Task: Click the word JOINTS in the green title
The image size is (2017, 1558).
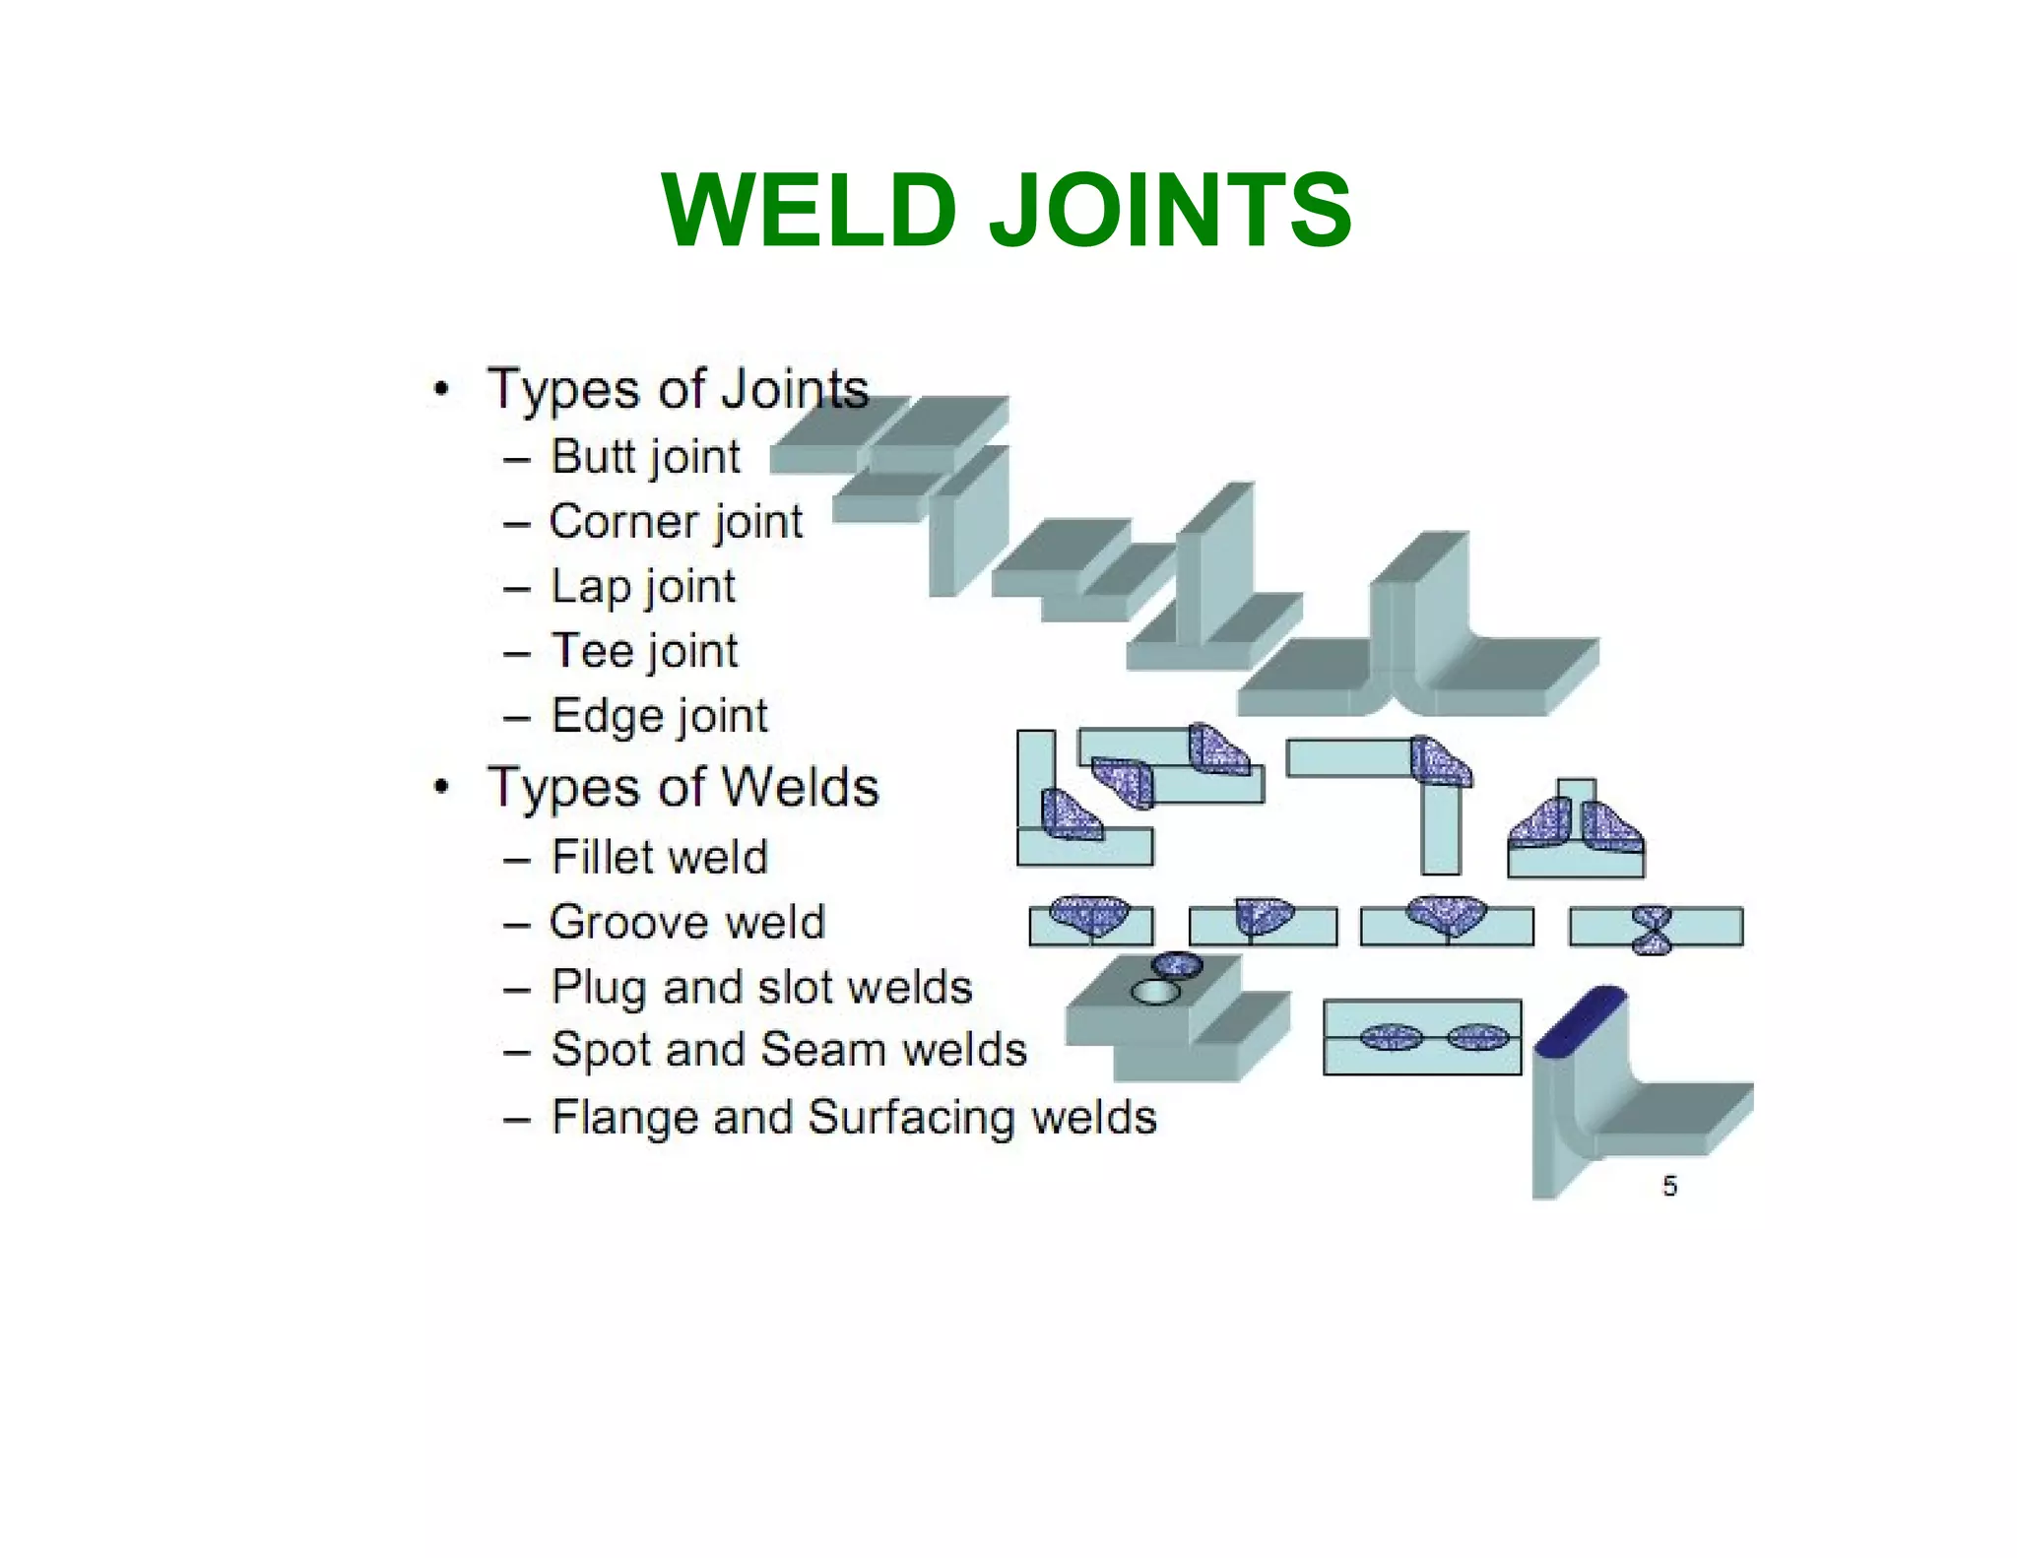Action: pos(1169,211)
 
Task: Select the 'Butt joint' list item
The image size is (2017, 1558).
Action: pos(644,457)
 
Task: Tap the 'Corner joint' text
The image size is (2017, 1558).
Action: pos(676,521)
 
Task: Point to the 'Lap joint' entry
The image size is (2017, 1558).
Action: pos(642,587)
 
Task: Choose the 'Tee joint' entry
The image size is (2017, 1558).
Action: pos(644,651)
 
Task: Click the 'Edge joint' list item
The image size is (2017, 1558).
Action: pos(659,716)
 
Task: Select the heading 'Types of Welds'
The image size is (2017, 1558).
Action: pos(683,788)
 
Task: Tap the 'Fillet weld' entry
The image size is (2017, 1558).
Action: pos(659,857)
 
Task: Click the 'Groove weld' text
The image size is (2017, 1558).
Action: pos(686,923)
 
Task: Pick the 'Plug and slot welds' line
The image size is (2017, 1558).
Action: pos(761,987)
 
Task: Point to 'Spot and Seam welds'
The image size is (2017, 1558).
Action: pos(789,1050)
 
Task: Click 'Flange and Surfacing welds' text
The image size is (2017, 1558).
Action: pos(853,1118)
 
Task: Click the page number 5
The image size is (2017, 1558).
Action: pos(1669,1186)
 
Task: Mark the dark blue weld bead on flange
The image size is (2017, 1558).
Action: pos(1580,1020)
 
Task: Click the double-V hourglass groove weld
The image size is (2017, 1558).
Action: pos(1652,929)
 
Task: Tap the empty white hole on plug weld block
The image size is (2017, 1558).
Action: pos(1155,992)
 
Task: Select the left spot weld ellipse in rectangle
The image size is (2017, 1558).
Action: pos(1390,1037)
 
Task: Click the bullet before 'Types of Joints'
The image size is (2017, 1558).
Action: pos(442,389)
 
